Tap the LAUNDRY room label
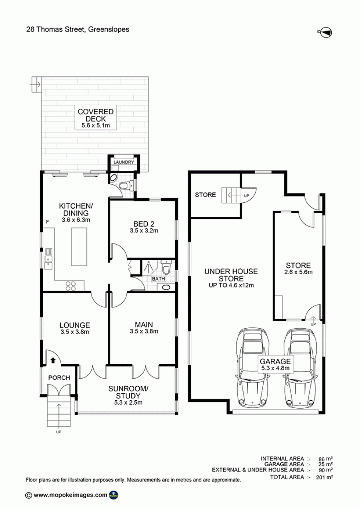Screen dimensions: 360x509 click(x=124, y=162)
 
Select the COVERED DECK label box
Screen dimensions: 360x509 click(x=96, y=118)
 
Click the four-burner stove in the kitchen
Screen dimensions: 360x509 click(x=70, y=286)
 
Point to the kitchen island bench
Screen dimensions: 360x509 click(x=79, y=247)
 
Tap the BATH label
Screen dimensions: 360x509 click(x=159, y=279)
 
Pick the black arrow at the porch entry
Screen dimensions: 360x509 click(x=53, y=360)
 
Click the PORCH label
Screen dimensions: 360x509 click(x=59, y=378)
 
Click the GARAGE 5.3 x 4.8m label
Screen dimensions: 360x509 click(x=275, y=365)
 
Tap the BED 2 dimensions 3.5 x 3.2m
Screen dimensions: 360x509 click(x=144, y=231)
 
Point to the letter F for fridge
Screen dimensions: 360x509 click(x=48, y=222)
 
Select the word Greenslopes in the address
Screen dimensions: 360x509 click(x=109, y=30)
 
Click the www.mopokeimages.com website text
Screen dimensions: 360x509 click(x=70, y=495)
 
